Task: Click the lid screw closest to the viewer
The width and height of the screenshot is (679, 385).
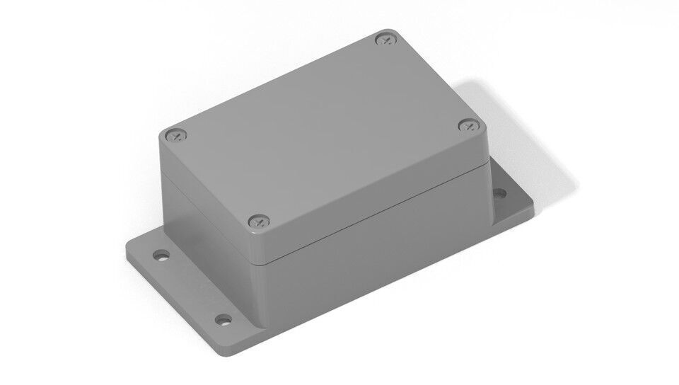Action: (258, 222)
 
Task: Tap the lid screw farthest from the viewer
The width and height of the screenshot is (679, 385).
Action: (385, 40)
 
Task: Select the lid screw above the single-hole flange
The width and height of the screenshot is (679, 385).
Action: (468, 126)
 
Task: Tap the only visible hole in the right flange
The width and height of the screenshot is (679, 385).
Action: (500, 192)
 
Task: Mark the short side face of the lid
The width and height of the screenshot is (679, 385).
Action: (205, 191)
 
